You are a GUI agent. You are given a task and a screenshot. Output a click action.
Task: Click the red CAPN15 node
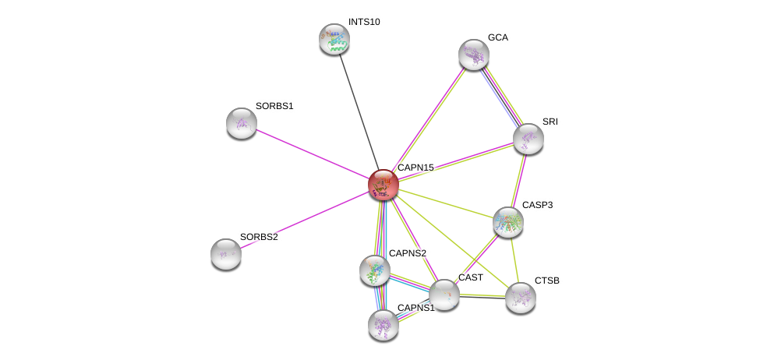(x=384, y=185)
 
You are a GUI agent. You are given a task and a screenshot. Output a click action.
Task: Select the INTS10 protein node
(x=334, y=39)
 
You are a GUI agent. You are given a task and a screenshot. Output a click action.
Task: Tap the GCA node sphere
(x=474, y=55)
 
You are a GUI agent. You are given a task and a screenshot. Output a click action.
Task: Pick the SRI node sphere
(x=528, y=139)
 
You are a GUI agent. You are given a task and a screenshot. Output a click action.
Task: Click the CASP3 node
(x=508, y=222)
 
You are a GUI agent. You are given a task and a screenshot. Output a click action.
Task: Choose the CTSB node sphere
(x=521, y=298)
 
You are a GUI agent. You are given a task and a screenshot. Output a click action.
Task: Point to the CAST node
(x=444, y=295)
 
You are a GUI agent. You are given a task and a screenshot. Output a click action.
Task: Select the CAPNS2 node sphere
(x=375, y=270)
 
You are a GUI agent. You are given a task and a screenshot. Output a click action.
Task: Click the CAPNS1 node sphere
(x=384, y=325)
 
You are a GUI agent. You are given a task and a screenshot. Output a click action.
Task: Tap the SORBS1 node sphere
(x=242, y=124)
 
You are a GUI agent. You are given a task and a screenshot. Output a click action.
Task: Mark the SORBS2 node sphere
(x=226, y=254)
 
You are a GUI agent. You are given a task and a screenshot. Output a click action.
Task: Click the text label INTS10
(x=364, y=22)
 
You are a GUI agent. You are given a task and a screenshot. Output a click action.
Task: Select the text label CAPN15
(x=415, y=168)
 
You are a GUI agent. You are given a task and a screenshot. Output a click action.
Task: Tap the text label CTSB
(x=546, y=281)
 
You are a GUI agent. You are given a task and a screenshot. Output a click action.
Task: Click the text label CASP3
(x=537, y=205)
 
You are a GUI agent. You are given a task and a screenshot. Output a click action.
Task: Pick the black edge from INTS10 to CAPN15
(x=359, y=112)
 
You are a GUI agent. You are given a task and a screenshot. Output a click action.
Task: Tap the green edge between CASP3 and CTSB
(x=514, y=260)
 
